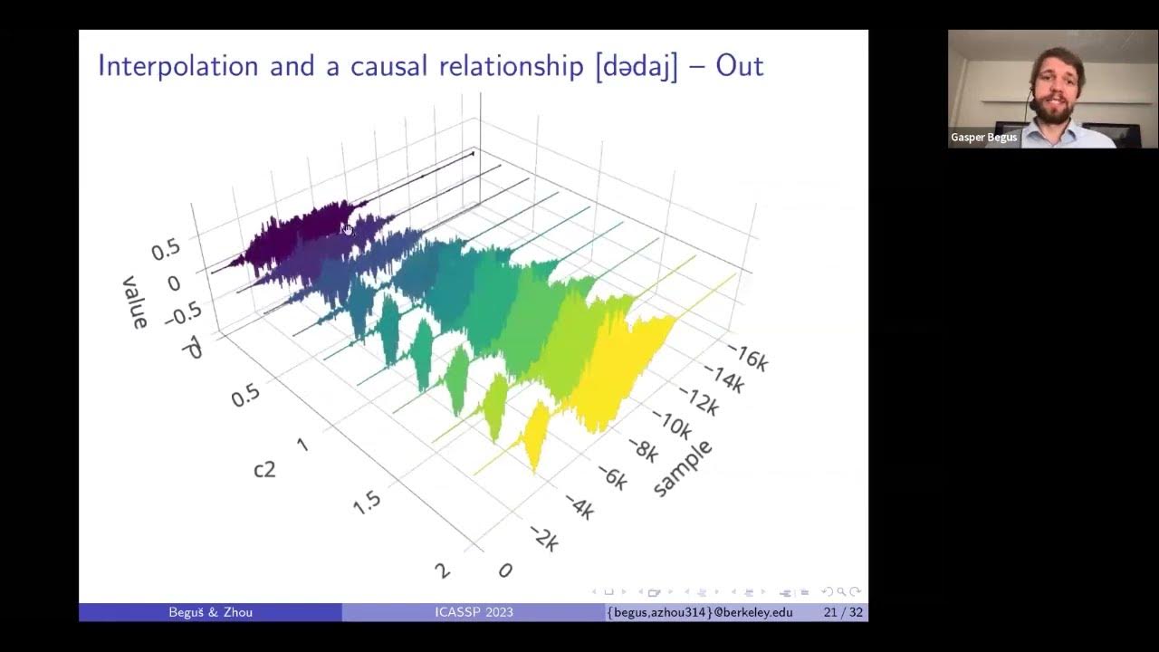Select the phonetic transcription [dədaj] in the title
[x=636, y=67]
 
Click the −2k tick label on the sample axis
[x=542, y=540]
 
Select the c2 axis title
[x=264, y=469]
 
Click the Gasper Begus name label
[x=983, y=138]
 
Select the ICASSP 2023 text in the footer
[x=474, y=612]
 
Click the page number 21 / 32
[x=842, y=612]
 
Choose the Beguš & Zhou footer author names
[x=210, y=612]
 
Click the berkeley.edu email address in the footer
[x=700, y=612]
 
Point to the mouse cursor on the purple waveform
[x=347, y=229]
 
